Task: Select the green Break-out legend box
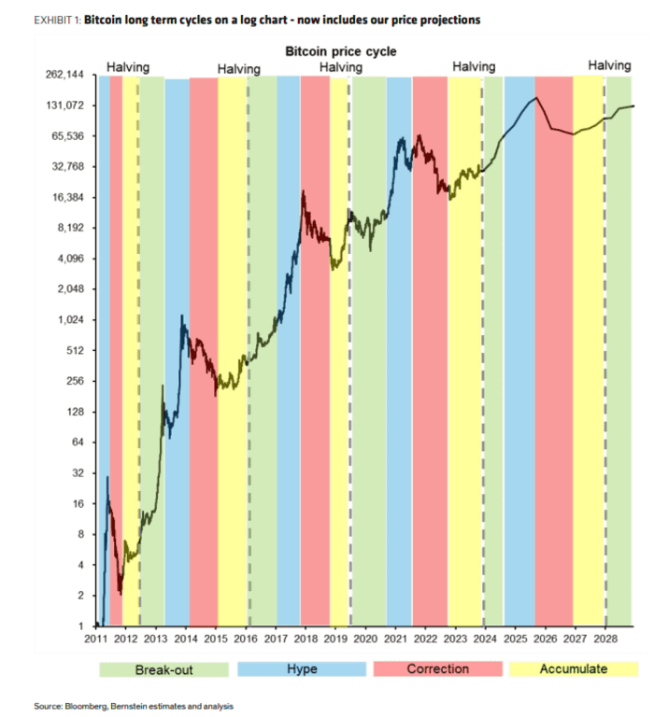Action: click(163, 668)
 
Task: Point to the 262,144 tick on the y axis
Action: click(64, 75)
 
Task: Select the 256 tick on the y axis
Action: click(77, 381)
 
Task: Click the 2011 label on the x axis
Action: click(97, 639)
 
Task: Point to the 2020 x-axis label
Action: click(365, 639)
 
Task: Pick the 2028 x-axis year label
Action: click(604, 639)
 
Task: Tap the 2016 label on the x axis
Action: click(246, 639)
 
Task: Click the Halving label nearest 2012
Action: click(128, 67)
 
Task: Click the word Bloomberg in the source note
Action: click(78, 707)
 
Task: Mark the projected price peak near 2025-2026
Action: click(536, 98)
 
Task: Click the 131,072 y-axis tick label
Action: click(64, 105)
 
